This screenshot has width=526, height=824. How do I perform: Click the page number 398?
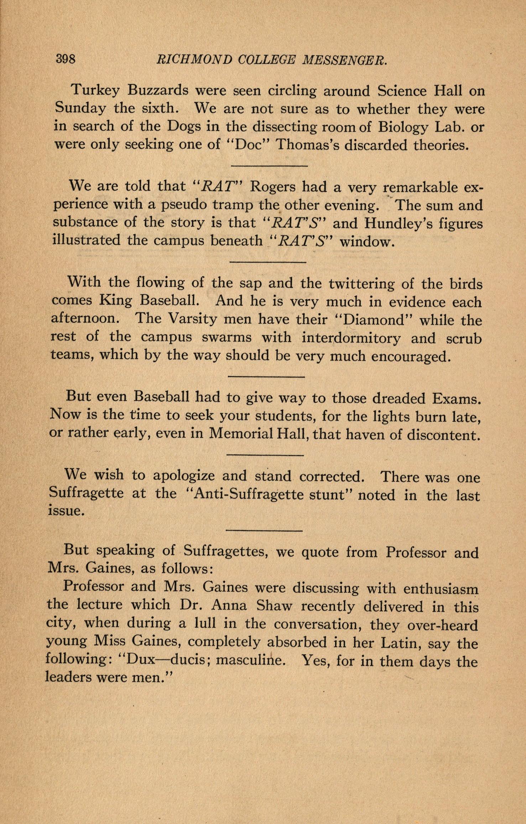click(x=66, y=58)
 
